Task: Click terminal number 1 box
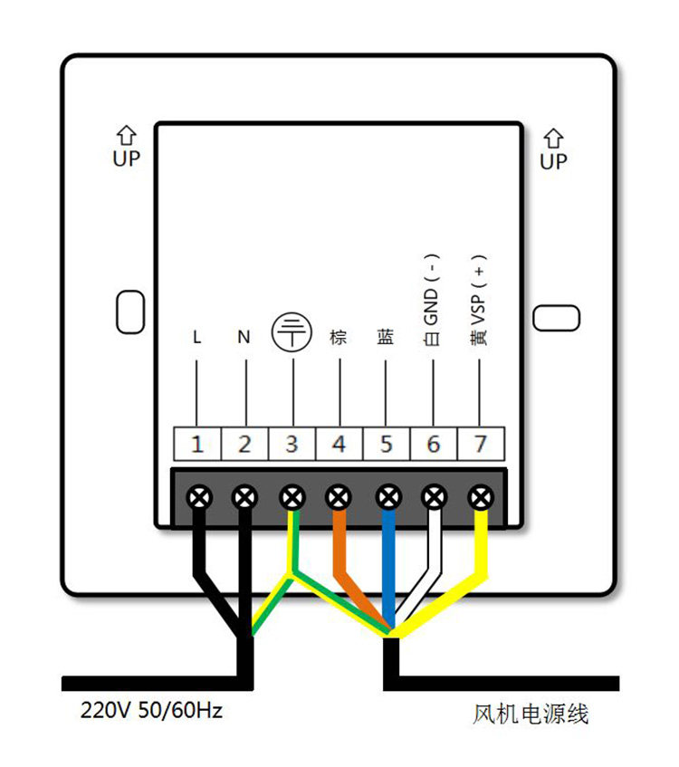(x=197, y=445)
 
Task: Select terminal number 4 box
(x=339, y=445)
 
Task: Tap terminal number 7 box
(x=480, y=445)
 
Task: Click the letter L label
(x=197, y=338)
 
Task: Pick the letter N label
(x=244, y=338)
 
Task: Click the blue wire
(x=387, y=561)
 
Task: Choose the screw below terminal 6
(x=434, y=496)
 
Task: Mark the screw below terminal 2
(x=244, y=496)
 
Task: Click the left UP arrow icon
(x=126, y=137)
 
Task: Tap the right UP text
(x=553, y=161)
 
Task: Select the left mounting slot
(x=130, y=311)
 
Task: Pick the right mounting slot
(x=556, y=317)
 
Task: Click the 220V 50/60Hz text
(x=151, y=711)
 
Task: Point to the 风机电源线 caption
(x=531, y=714)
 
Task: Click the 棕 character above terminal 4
(x=339, y=338)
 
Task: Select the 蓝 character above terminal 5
(x=386, y=338)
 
